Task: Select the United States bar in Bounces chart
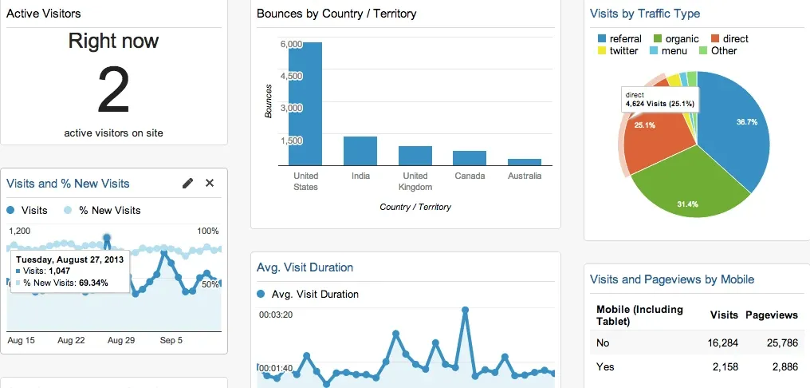(305, 104)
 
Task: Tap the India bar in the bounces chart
(360, 150)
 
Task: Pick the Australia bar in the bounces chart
(524, 161)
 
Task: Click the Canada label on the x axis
(470, 176)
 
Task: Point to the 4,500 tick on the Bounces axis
(291, 76)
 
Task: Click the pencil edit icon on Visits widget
(187, 184)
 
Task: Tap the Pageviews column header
(771, 315)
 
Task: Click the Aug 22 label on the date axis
(72, 340)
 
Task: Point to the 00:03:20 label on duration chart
(276, 315)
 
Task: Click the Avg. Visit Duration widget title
(305, 267)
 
